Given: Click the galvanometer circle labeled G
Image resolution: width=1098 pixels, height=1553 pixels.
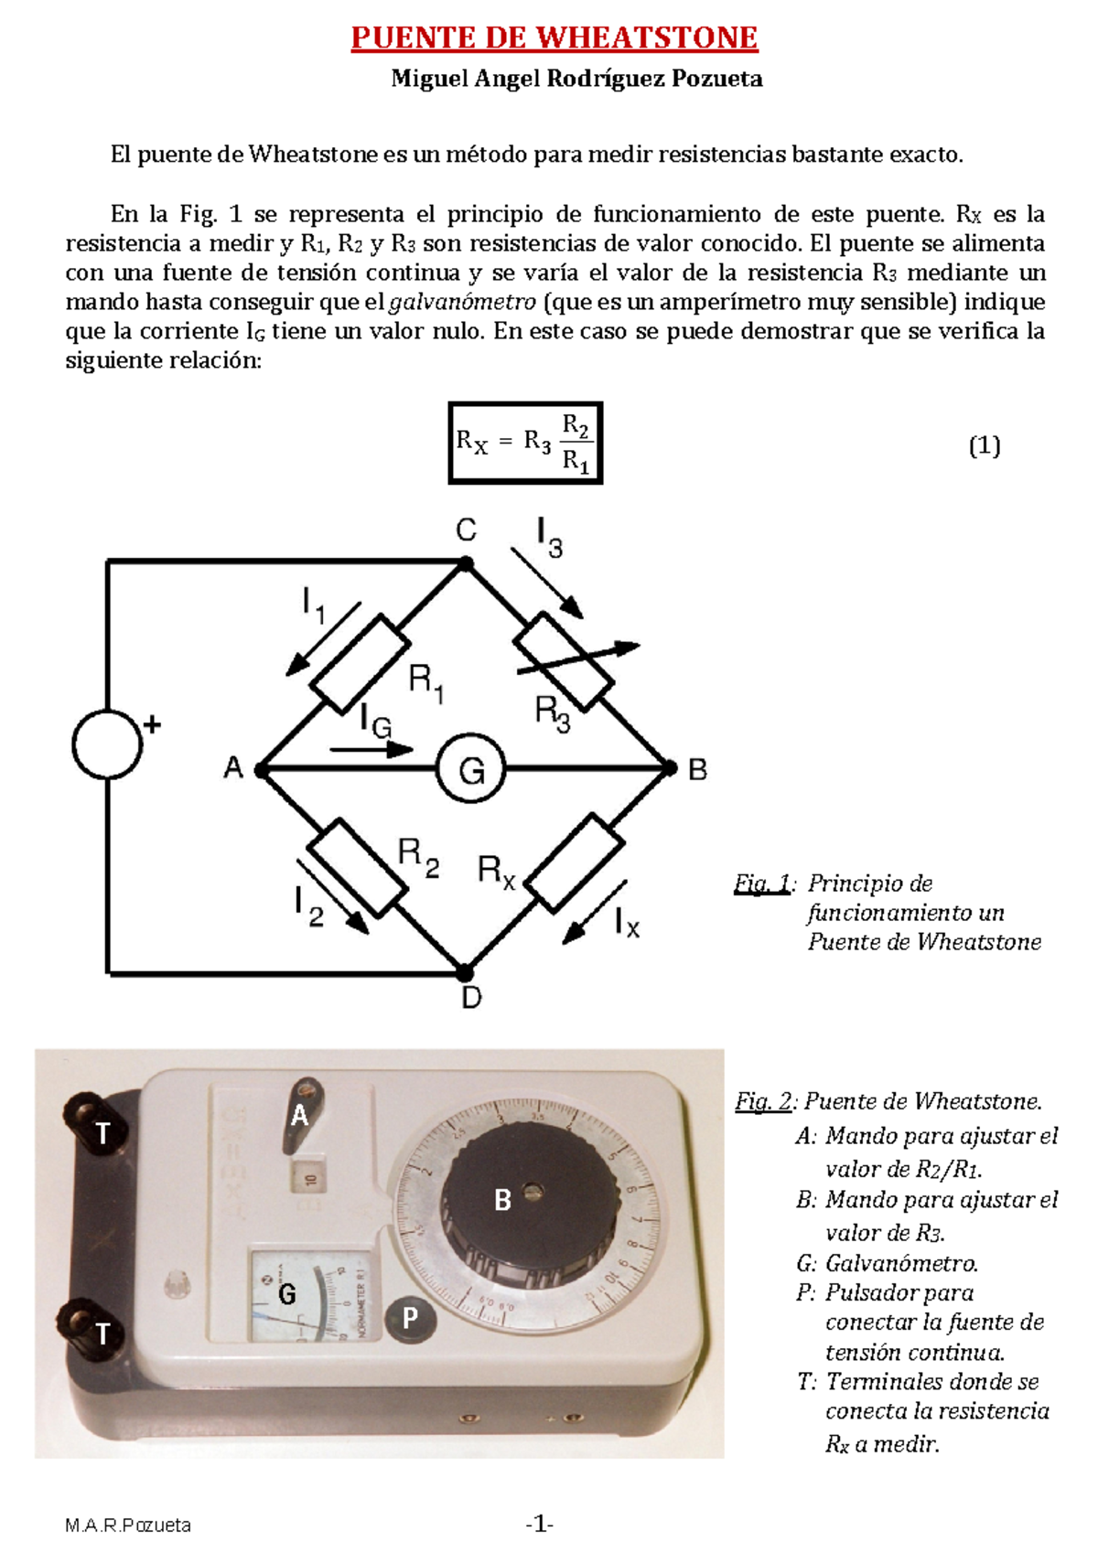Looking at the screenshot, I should pyautogui.click(x=470, y=769).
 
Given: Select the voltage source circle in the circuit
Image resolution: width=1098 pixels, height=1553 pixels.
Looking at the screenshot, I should pyautogui.click(x=107, y=744).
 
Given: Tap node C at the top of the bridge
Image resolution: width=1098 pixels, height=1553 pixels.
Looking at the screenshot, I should pyautogui.click(x=465, y=564).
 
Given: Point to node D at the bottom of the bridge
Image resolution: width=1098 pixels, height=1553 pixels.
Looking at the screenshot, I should pyautogui.click(x=465, y=971).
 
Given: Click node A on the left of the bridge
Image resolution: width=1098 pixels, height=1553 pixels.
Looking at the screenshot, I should pyautogui.click(x=262, y=770).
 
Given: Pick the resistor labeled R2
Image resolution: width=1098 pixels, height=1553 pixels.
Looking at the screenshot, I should pyautogui.click(x=357, y=867).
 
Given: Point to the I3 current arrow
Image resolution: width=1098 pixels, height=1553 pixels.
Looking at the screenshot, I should pyautogui.click(x=547, y=582).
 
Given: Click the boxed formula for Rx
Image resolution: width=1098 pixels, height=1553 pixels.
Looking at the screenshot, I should pyautogui.click(x=525, y=443).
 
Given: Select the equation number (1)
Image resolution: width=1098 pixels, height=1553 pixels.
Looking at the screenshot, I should pyautogui.click(x=984, y=446).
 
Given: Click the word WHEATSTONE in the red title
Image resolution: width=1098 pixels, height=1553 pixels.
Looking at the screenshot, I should pyautogui.click(x=646, y=38).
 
